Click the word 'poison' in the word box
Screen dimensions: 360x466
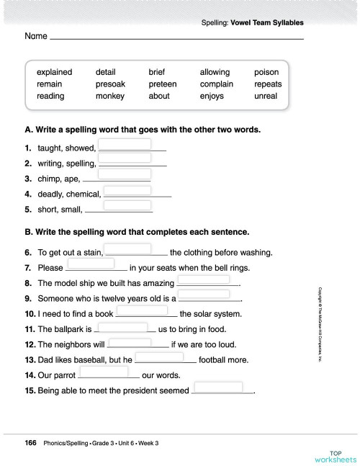[x=266, y=72]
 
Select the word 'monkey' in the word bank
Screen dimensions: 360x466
[x=110, y=96]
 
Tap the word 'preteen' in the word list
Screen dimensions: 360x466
[x=162, y=84]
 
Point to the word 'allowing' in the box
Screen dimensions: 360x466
[x=215, y=72]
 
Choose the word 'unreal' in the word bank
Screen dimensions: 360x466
[x=265, y=96]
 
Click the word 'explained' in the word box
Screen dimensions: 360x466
[x=55, y=72]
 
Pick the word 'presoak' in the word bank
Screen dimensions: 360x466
[x=110, y=84]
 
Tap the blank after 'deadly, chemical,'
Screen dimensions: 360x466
[x=127, y=190]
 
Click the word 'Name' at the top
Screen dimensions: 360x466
[x=36, y=35]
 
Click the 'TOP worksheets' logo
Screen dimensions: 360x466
[x=335, y=456]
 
